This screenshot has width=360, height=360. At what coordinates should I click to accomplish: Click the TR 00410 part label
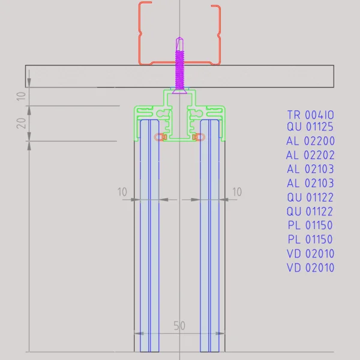(x=310, y=115)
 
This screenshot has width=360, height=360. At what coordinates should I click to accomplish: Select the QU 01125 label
(x=310, y=127)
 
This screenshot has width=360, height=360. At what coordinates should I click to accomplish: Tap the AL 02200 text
(x=310, y=142)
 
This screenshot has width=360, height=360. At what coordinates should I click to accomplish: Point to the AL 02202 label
(x=310, y=155)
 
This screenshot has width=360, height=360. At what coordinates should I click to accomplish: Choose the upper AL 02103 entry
(x=310, y=169)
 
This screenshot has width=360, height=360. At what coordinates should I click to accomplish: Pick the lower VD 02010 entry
(x=310, y=268)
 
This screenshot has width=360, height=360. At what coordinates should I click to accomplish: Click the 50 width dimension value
(x=179, y=326)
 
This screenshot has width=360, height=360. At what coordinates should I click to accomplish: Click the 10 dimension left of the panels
(x=122, y=192)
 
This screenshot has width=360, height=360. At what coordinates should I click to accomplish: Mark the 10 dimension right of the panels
(x=236, y=192)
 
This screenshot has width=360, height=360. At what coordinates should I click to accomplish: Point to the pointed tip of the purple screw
(x=179, y=41)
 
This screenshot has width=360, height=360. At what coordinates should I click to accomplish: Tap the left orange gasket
(x=160, y=137)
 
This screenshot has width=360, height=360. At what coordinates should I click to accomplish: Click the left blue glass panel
(x=150, y=240)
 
